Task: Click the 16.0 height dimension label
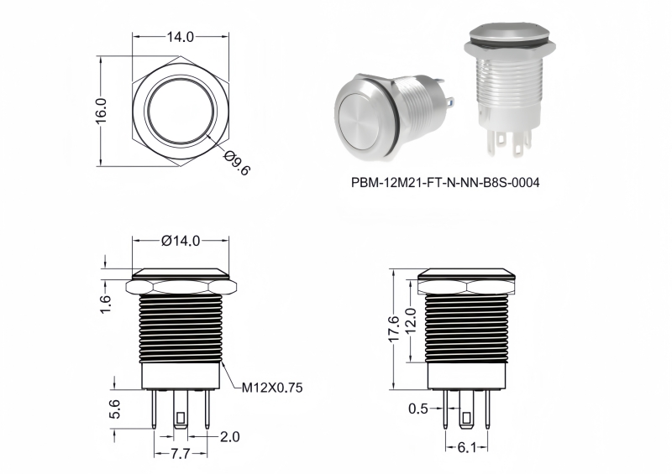[101, 111]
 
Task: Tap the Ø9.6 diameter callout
[237, 163]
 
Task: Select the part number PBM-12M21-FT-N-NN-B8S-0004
[445, 183]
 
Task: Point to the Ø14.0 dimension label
[181, 241]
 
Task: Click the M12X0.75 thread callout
[272, 388]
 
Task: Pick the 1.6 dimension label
[106, 305]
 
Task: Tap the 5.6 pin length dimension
[115, 409]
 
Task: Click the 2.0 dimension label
[230, 437]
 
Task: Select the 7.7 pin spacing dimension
[180, 454]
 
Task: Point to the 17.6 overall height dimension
[393, 329]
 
